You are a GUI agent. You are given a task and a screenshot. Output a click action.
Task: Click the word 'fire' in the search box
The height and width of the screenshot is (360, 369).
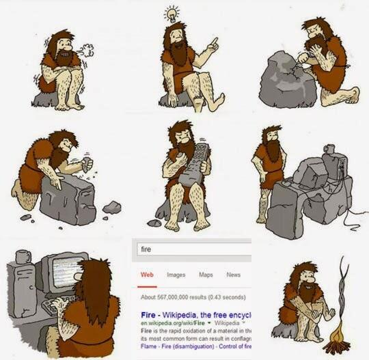tap(146, 249)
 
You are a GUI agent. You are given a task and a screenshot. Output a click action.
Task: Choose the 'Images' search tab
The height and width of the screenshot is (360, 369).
tap(176, 275)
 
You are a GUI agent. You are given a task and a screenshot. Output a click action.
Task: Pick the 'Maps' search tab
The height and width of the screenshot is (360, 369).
tap(206, 275)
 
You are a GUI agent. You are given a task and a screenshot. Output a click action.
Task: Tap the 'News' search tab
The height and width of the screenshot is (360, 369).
tap(234, 275)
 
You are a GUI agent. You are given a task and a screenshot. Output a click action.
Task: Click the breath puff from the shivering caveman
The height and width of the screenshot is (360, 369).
tap(86, 49)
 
